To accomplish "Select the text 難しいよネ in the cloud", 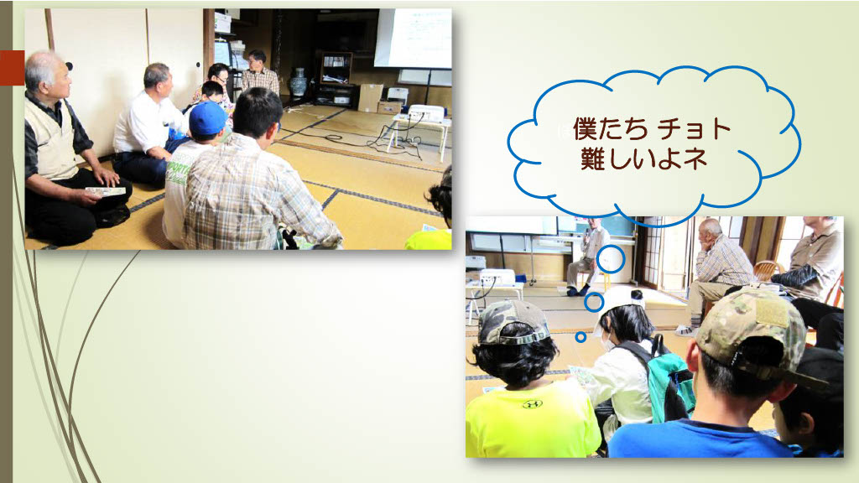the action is click(x=643, y=158).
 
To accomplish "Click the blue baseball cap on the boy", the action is click(x=208, y=118).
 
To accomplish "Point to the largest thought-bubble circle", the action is click(x=611, y=259).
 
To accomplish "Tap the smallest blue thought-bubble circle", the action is click(x=580, y=337).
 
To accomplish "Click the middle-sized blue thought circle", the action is click(x=594, y=302).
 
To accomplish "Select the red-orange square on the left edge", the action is click(x=12, y=68).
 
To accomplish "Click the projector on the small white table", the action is click(x=426, y=113).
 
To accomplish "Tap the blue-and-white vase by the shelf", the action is click(x=299, y=82).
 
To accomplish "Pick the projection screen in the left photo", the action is click(x=413, y=39).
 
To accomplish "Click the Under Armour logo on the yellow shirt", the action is click(x=532, y=404).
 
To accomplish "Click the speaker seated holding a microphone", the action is click(x=589, y=256).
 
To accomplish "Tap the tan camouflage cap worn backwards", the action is click(x=753, y=330).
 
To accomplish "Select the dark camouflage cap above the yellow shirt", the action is click(x=513, y=322).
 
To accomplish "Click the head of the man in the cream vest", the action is click(x=48, y=73).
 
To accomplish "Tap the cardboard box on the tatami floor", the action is click(x=370, y=97).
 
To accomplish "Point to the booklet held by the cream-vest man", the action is click(x=106, y=192).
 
